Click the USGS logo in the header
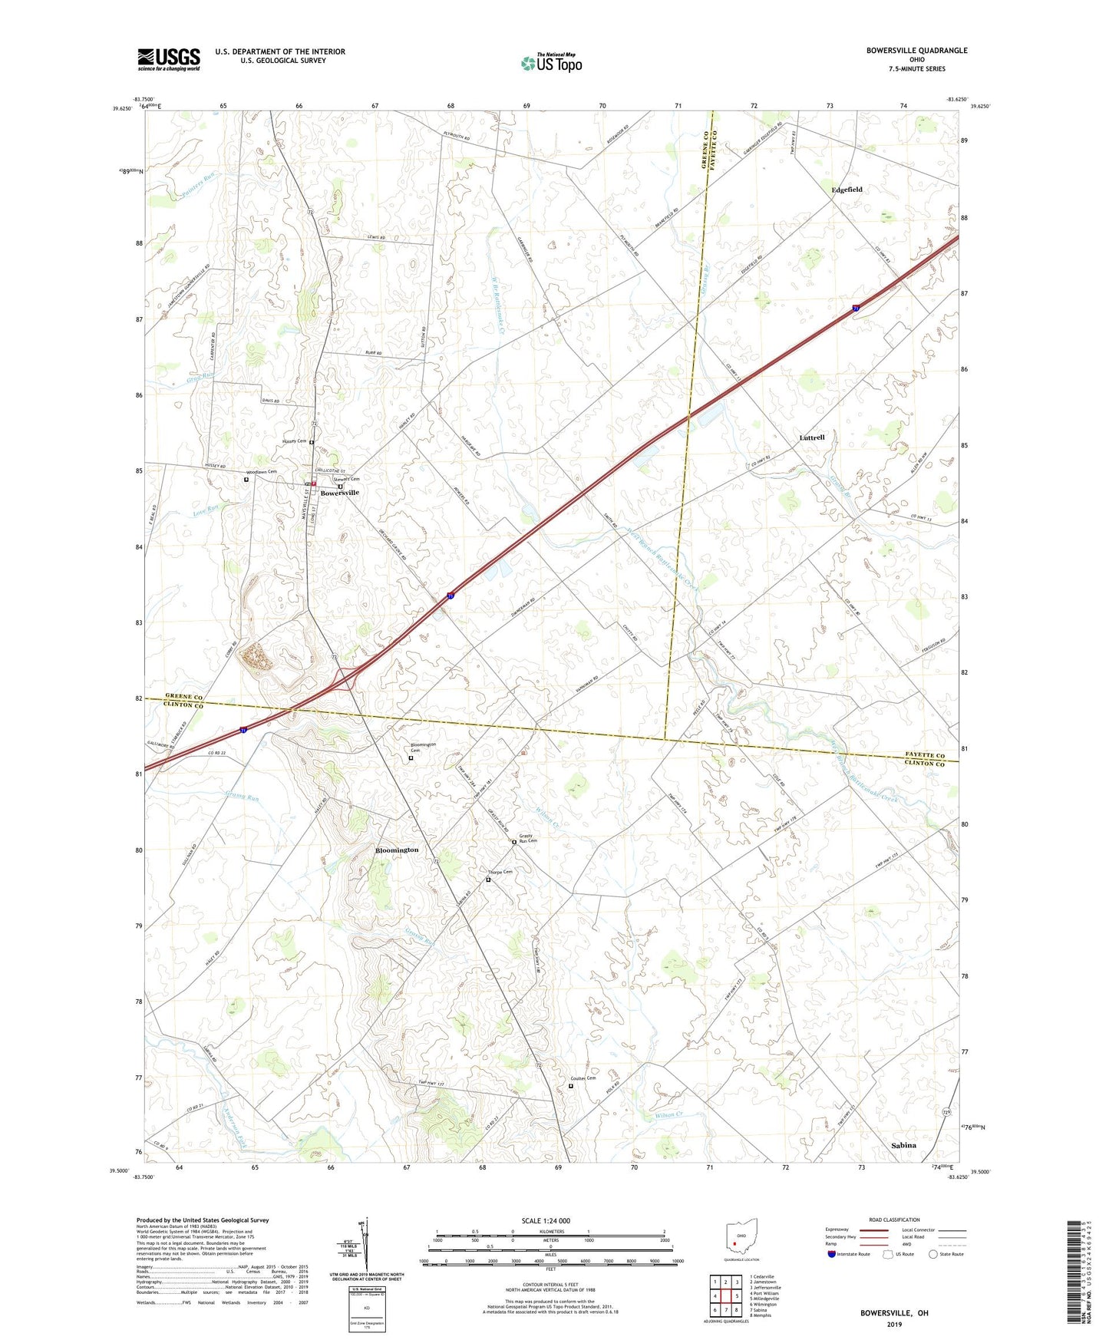click(x=168, y=59)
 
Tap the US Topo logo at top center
click(x=551, y=63)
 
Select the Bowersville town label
click(x=339, y=493)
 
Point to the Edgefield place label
click(x=847, y=190)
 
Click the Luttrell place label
click(x=811, y=437)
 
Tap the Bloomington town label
click(x=397, y=850)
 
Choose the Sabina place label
click(x=903, y=1145)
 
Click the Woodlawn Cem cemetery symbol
click(x=246, y=480)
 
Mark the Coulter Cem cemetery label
click(x=583, y=1078)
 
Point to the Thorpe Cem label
click(x=500, y=872)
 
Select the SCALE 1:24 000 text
click(x=546, y=1221)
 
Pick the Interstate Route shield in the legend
click(x=832, y=1254)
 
